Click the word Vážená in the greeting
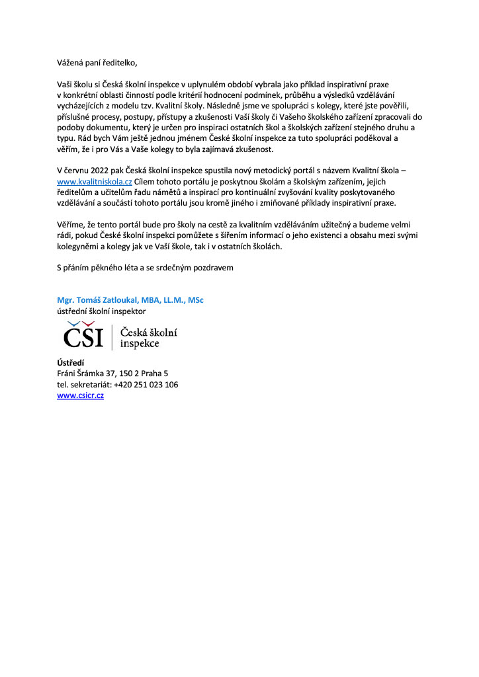[x=71, y=63]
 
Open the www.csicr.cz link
[x=80, y=395]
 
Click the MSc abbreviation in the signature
[x=195, y=300]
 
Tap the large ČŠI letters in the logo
[x=84, y=337]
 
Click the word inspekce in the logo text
[x=140, y=344]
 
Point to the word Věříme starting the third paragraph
[x=71, y=225]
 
